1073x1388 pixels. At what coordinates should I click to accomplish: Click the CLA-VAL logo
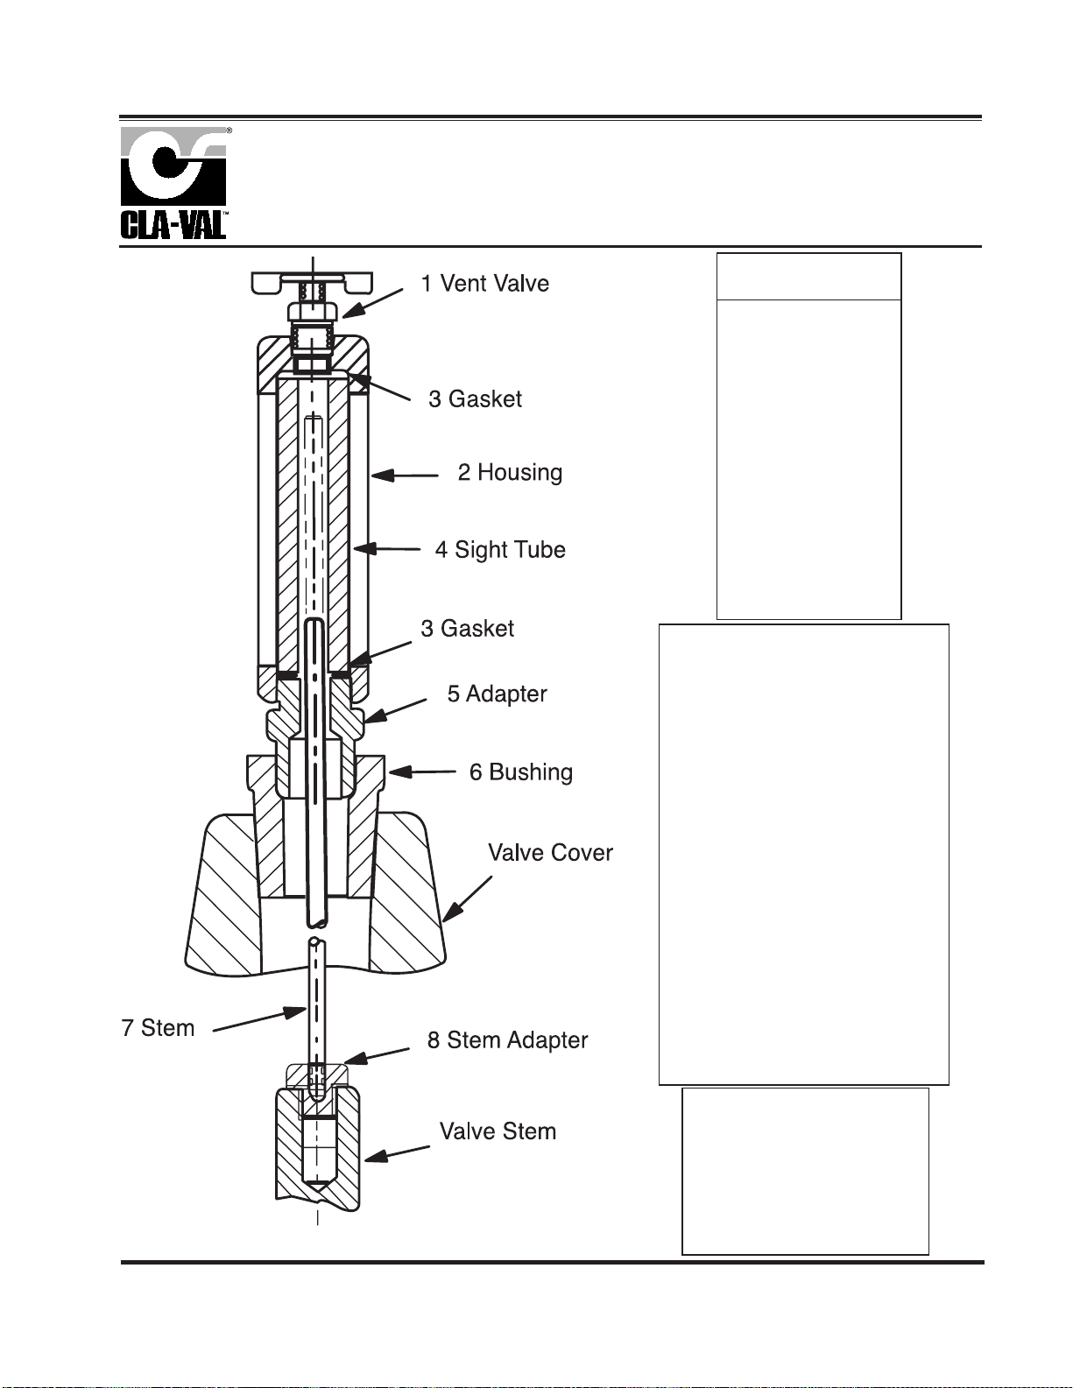(x=173, y=183)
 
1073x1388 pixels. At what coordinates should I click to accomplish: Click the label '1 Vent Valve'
(x=484, y=284)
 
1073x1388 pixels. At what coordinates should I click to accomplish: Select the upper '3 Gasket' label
(x=475, y=399)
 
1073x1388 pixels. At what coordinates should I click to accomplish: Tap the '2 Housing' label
(x=510, y=473)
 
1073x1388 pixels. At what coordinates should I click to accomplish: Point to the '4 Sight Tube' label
(x=500, y=550)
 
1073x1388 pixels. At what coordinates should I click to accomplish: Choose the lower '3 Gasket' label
(x=467, y=629)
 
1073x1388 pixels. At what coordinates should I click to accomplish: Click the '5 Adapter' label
(x=497, y=694)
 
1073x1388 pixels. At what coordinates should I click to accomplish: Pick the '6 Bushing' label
(x=520, y=772)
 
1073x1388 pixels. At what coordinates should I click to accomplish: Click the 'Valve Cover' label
(x=550, y=853)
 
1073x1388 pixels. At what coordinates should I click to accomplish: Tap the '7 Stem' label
(x=158, y=1028)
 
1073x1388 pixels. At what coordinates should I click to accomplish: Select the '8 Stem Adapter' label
(x=507, y=1040)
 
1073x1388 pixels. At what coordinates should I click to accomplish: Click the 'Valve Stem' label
(x=498, y=1131)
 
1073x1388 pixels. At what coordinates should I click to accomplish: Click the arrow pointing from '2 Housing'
(x=405, y=476)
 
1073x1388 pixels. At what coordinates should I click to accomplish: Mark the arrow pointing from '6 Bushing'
(x=422, y=772)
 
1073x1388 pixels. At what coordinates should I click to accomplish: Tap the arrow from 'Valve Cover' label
(x=467, y=898)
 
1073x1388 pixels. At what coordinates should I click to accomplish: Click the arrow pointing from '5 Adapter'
(x=395, y=710)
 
